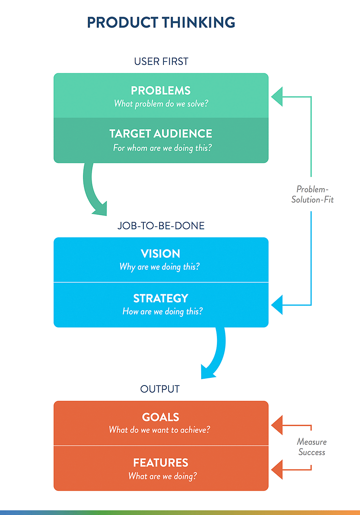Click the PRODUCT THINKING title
[161, 23]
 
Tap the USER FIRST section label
[161, 62]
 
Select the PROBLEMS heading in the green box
[161, 90]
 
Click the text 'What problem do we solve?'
[161, 104]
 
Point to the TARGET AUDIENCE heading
[161, 134]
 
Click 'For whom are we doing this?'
[162, 148]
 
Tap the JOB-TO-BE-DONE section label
[161, 225]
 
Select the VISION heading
[160, 253]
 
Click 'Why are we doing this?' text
[160, 267]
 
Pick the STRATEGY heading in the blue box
[161, 298]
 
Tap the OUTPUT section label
[160, 389]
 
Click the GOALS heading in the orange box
[160, 417]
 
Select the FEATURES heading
[161, 463]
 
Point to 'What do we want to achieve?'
[160, 430]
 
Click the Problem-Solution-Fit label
[312, 194]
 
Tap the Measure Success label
[312, 447]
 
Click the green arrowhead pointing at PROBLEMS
[277, 96]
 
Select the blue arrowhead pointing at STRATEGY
[277, 305]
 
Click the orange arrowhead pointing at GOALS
[277, 425]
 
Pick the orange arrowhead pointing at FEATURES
[277, 470]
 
